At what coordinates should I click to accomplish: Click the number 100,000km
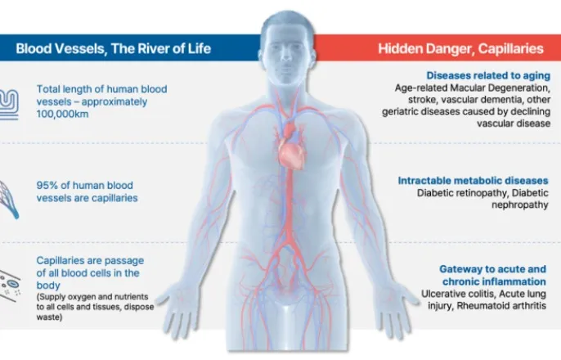point(62,115)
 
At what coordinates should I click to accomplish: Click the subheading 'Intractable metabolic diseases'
point(473,180)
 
